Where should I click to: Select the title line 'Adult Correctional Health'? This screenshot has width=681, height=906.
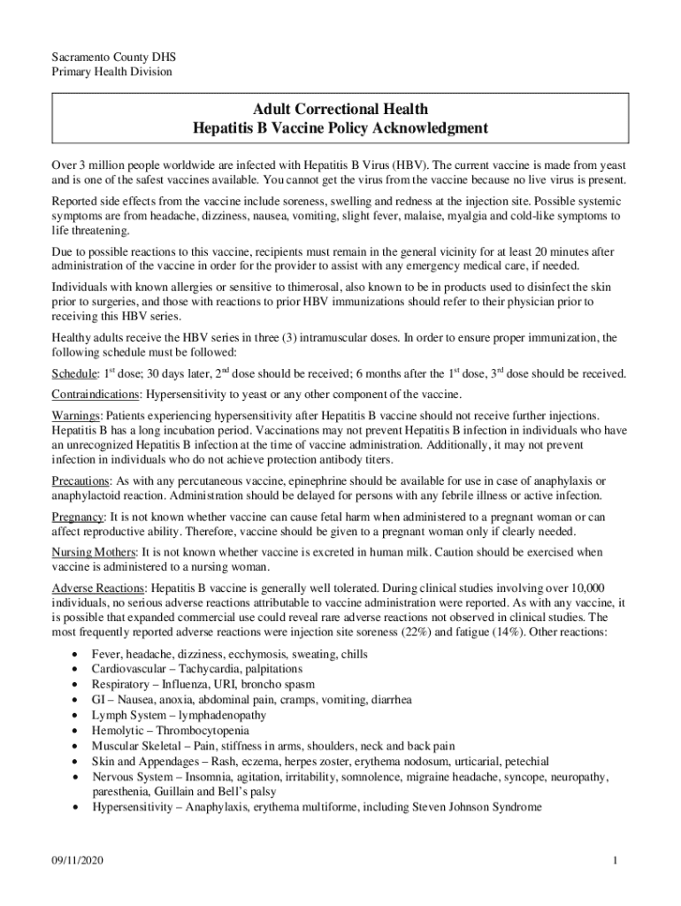tap(340, 109)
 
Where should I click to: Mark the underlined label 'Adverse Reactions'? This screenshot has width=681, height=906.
tap(99, 588)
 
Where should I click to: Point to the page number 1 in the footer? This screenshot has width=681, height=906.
tap(613, 863)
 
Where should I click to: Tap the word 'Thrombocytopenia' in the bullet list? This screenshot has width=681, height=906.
tap(203, 731)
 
